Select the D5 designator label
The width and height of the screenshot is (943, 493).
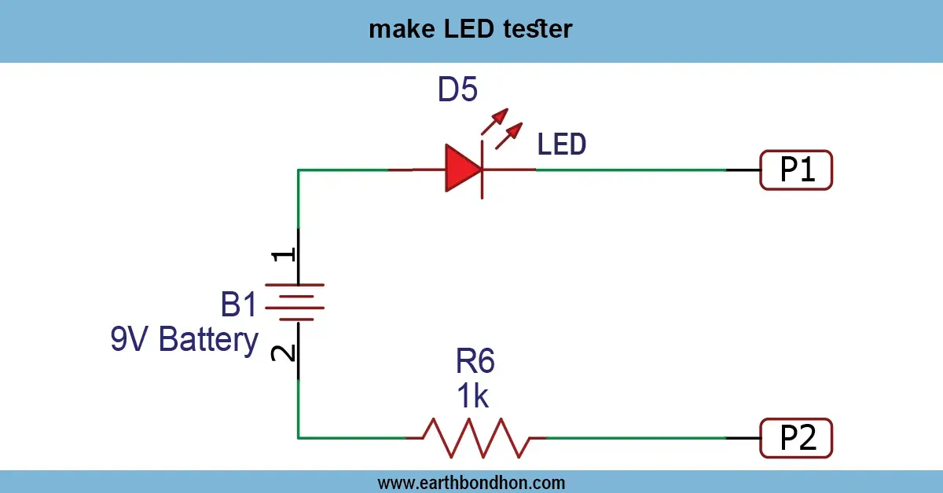pyautogui.click(x=457, y=92)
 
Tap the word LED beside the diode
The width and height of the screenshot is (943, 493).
pyautogui.click(x=562, y=144)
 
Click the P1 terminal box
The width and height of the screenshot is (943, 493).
pyautogui.click(x=796, y=170)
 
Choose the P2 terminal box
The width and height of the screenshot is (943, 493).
pyautogui.click(x=796, y=438)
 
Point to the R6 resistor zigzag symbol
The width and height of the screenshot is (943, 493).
pyautogui.click(x=475, y=438)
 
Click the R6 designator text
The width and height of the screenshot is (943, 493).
pyautogui.click(x=475, y=362)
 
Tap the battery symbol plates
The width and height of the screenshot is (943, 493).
pyautogui.click(x=298, y=301)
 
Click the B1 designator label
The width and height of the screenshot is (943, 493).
pyautogui.click(x=239, y=304)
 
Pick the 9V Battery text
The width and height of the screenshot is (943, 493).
pyautogui.click(x=185, y=341)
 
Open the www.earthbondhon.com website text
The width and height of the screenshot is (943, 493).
pyautogui.click(x=471, y=482)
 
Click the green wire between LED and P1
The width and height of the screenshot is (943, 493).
pyautogui.click(x=629, y=170)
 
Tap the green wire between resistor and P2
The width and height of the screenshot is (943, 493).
pyautogui.click(x=637, y=438)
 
